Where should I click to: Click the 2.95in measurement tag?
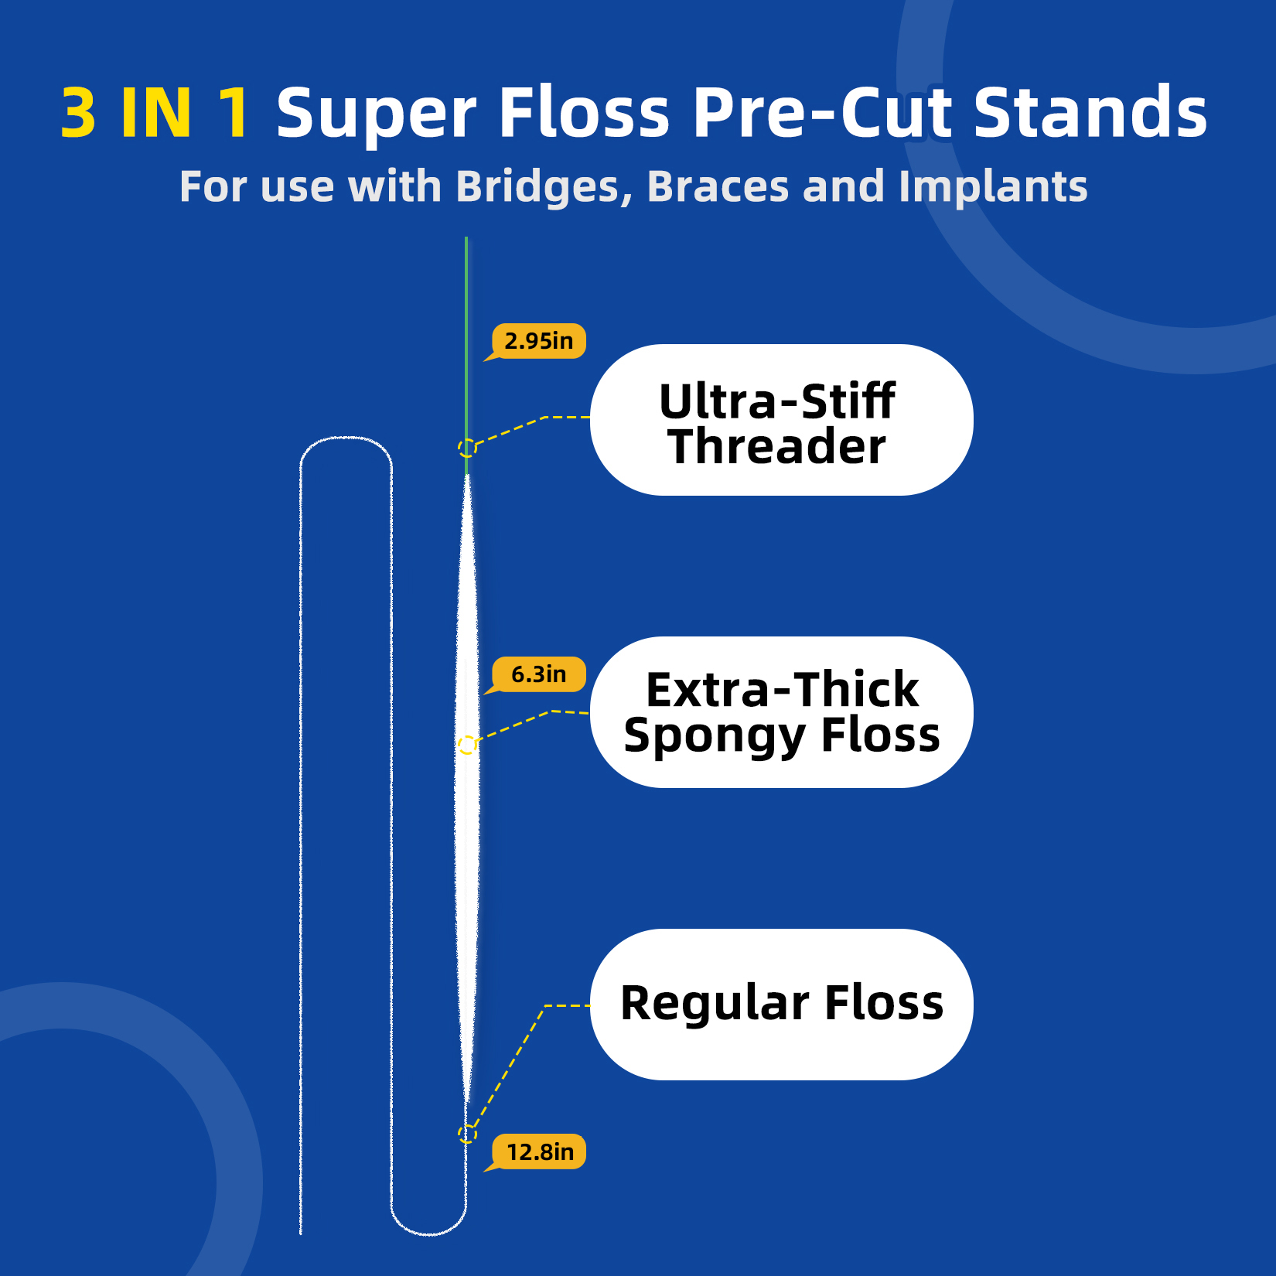[x=539, y=341]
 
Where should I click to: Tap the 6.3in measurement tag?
[x=539, y=674]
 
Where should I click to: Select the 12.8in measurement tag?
[x=540, y=1152]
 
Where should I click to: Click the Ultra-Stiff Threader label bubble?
[x=781, y=420]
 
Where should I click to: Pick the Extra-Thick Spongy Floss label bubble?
[x=781, y=712]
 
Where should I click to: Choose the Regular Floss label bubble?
[x=781, y=1004]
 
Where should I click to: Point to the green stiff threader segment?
[x=466, y=348]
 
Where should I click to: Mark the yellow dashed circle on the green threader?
[x=467, y=448]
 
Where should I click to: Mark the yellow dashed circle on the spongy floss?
[x=467, y=745]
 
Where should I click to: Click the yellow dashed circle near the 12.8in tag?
[x=467, y=1134]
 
